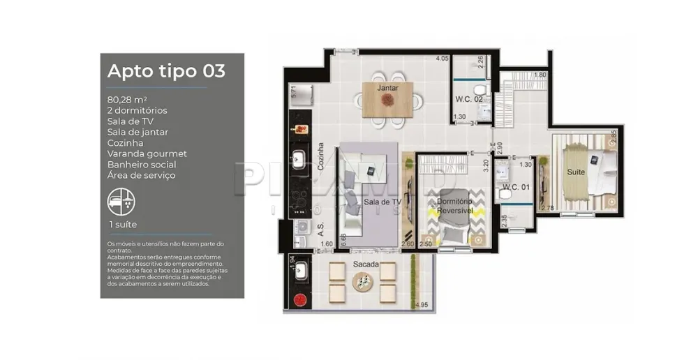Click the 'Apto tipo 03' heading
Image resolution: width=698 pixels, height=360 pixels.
(x=166, y=71)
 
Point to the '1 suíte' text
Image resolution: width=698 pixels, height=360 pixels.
(x=122, y=224)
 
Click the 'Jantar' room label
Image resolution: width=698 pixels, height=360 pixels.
(x=387, y=89)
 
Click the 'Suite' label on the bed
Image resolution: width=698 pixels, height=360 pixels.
(x=576, y=171)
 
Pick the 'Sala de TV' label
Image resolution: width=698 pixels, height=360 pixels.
(x=383, y=202)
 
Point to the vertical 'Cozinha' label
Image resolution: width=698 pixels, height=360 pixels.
(x=320, y=158)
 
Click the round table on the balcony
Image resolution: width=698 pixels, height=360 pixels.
(x=363, y=281)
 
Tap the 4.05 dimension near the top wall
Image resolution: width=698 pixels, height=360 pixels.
(x=441, y=59)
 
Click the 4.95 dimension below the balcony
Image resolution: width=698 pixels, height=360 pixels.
(x=420, y=305)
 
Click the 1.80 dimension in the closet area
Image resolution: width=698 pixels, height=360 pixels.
(x=539, y=75)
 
